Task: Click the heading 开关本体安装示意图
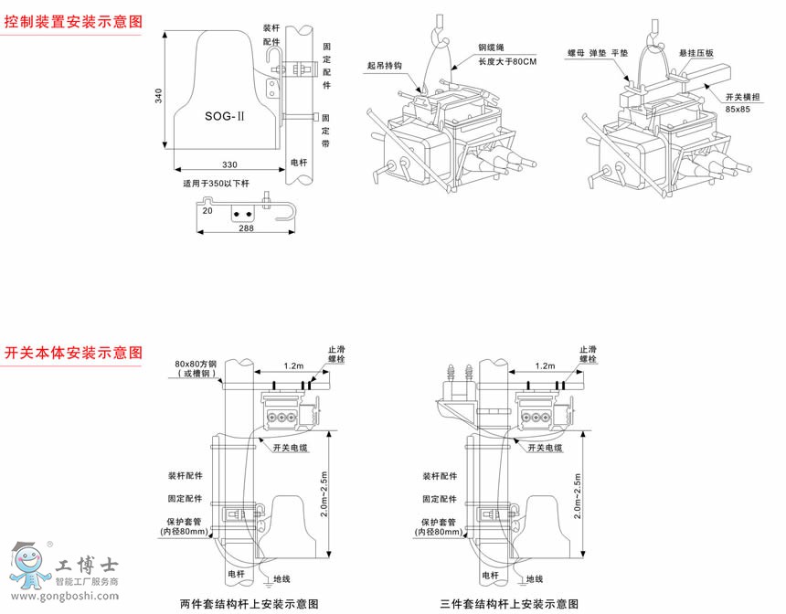tap(72, 352)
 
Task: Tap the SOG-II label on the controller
tap(225, 116)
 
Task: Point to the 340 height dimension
tap(157, 97)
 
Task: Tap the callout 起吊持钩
tap(385, 66)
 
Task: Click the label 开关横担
tap(742, 96)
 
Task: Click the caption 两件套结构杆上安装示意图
tap(250, 604)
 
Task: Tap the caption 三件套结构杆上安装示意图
tap(509, 604)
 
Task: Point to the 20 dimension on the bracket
tap(207, 210)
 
